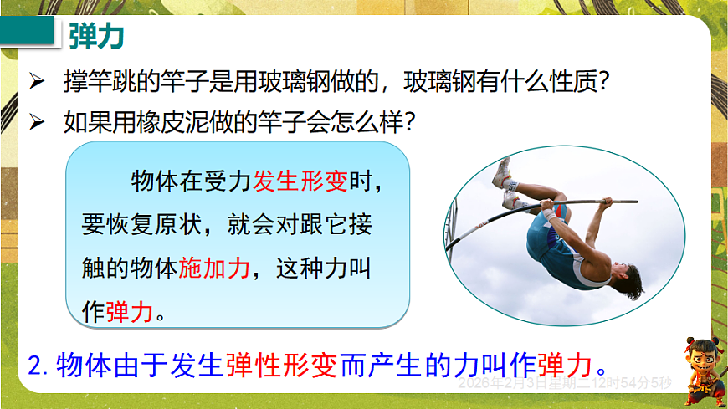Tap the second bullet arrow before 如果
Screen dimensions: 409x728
tap(35, 122)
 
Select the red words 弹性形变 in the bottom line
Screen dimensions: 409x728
tap(280, 365)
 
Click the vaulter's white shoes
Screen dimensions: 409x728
tap(505, 184)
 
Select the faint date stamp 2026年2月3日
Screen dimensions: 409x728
tap(505, 384)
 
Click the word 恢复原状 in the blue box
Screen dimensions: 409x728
tap(156, 225)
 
